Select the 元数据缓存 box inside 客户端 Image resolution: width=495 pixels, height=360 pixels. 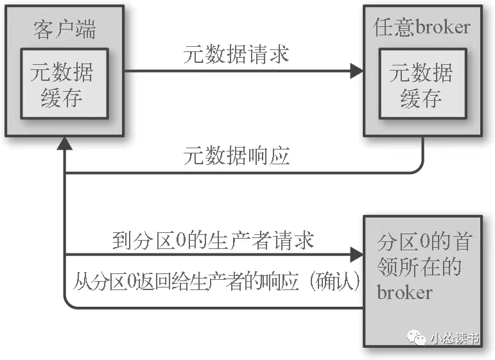point(62,83)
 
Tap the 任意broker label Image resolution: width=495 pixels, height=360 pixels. point(421,27)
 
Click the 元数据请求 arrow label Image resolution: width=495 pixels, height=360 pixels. point(236,54)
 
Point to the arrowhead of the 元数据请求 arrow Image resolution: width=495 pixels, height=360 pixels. point(357,71)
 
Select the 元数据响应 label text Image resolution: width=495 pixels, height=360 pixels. point(236,157)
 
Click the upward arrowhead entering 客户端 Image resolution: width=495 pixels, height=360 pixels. point(64,143)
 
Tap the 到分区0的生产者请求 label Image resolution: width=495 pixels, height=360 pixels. point(212,241)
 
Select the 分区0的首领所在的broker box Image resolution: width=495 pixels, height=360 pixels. point(421,281)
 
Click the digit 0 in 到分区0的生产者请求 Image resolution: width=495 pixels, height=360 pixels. point(181,241)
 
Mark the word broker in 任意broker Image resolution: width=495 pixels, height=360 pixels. point(442,28)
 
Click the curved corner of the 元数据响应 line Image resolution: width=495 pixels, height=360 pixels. point(419,168)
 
